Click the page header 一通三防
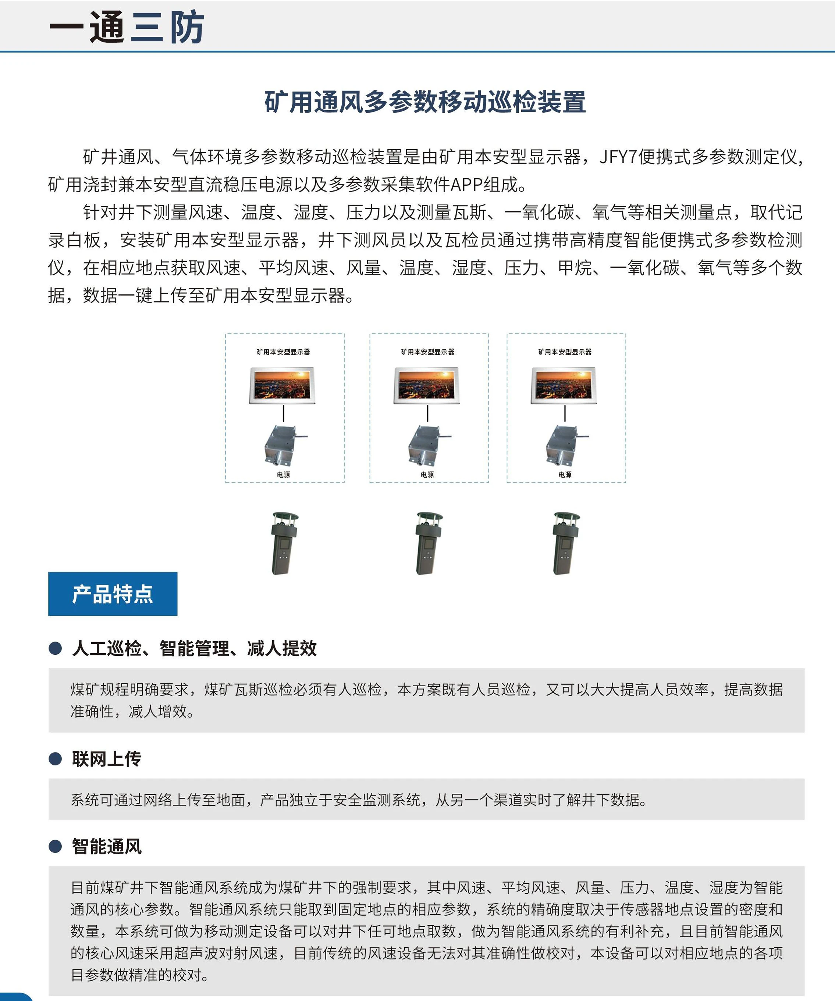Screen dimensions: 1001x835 click(x=127, y=27)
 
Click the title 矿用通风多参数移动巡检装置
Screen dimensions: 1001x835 click(x=425, y=102)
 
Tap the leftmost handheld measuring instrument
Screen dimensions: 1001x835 click(x=284, y=543)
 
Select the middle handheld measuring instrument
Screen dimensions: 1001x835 click(x=429, y=543)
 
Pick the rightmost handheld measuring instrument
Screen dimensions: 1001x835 click(x=566, y=543)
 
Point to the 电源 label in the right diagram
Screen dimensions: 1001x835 click(x=565, y=475)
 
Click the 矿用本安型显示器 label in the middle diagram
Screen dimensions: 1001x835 click(x=427, y=352)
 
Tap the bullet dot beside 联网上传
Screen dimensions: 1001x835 click(x=55, y=758)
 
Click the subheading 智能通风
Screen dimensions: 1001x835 click(x=107, y=846)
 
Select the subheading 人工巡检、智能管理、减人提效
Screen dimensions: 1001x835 click(x=194, y=648)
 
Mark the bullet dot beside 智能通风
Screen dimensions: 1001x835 click(x=55, y=846)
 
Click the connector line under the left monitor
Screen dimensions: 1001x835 click(x=284, y=413)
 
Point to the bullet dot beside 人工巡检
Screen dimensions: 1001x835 click(x=55, y=648)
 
